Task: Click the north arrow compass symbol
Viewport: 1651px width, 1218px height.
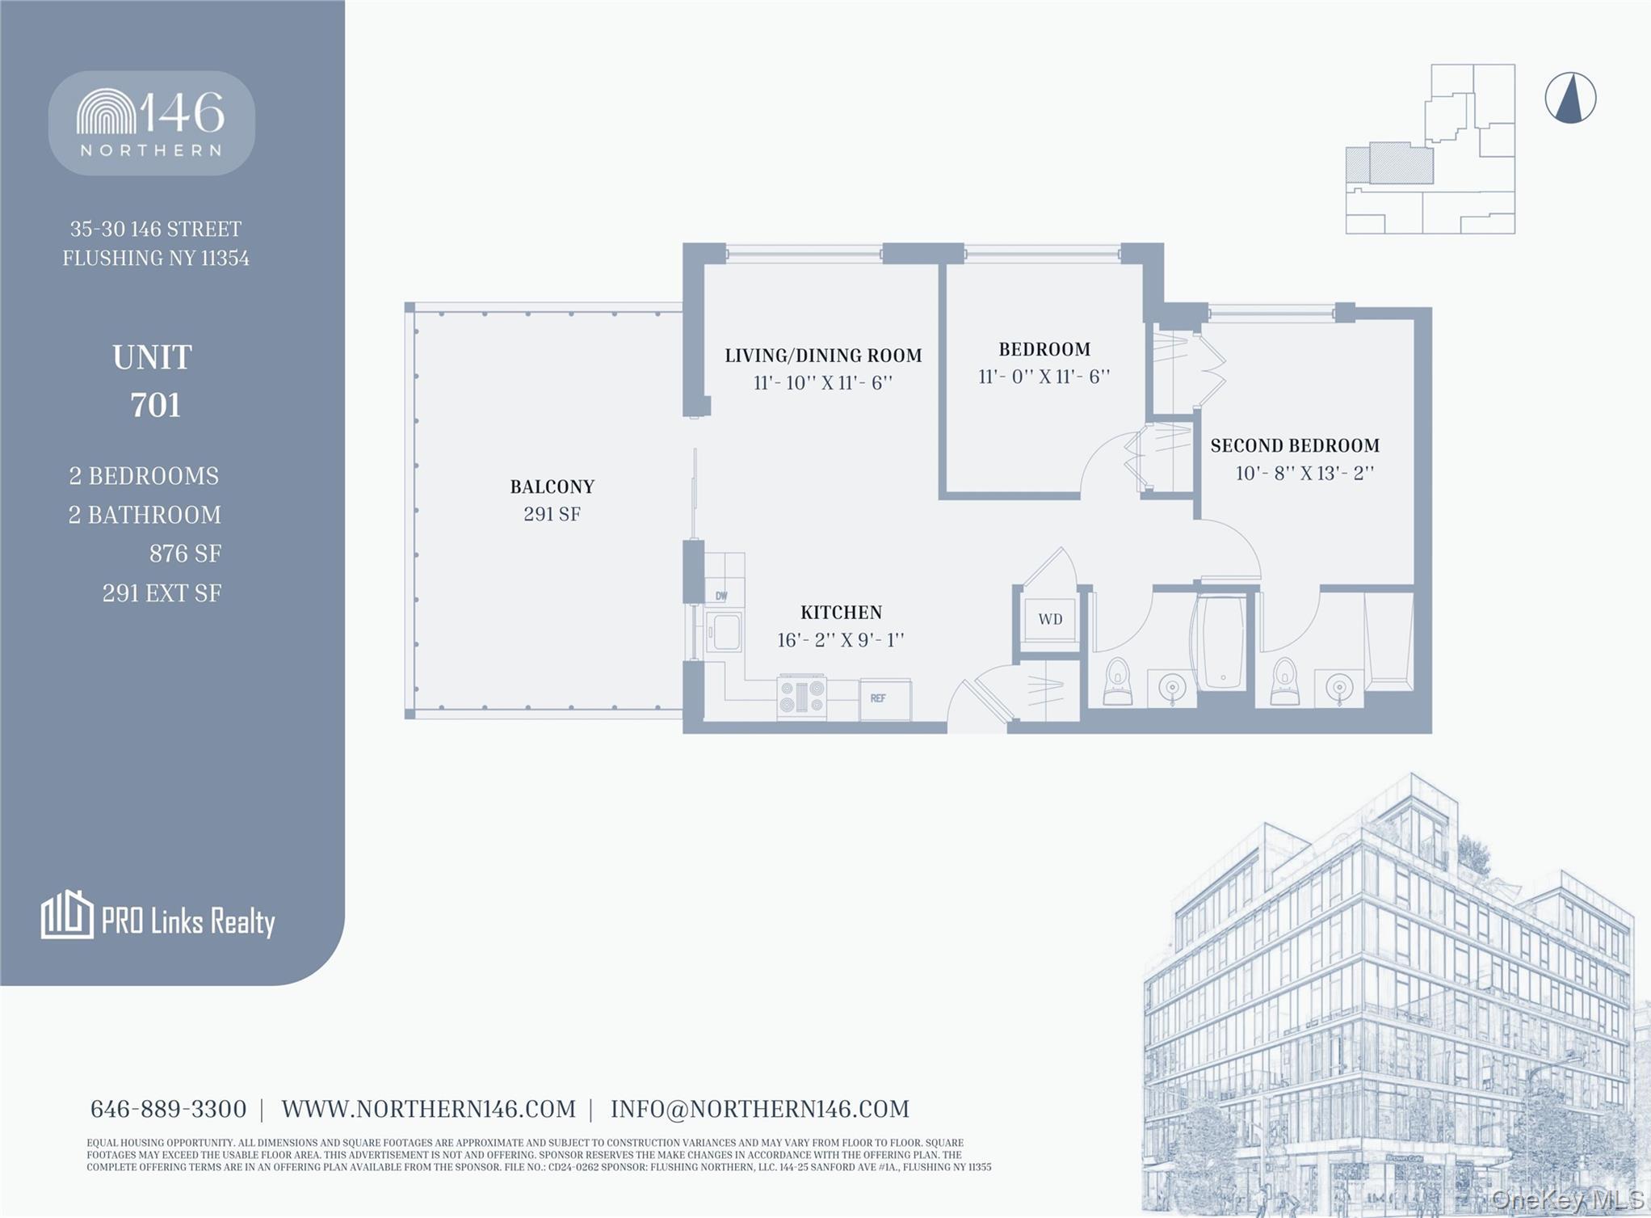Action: [1570, 99]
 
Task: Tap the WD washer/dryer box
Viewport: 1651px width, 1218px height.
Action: [1050, 619]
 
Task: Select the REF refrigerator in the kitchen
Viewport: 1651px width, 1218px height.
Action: [884, 698]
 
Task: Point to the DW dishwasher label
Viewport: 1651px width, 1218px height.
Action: [721, 596]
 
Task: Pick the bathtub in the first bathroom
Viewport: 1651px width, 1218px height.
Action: [1222, 643]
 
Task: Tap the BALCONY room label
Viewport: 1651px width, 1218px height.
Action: [552, 487]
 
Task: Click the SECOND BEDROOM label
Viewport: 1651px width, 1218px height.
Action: [1295, 445]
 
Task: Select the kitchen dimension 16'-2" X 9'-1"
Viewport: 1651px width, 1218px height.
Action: [840, 640]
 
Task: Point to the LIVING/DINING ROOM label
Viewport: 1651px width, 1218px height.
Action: [823, 356]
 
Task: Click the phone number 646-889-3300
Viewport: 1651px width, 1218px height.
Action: [168, 1109]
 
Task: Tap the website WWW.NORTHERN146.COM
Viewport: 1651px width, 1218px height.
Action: [428, 1109]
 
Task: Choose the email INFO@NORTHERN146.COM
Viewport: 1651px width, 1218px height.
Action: [759, 1109]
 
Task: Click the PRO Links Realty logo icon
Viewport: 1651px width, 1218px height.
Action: [66, 915]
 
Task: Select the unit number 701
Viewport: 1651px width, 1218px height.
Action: [155, 405]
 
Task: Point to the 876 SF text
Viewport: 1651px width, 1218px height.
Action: [185, 554]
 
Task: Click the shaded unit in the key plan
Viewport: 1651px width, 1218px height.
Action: [1400, 163]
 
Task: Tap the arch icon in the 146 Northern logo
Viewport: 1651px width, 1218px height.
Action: [106, 112]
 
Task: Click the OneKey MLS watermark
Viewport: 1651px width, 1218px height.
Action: [1567, 1199]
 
